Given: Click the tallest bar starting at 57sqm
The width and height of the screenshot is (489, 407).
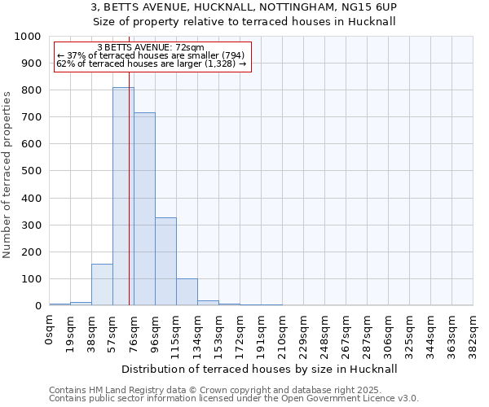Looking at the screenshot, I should (x=123, y=195).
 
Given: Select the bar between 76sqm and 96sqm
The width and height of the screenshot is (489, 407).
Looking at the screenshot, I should (x=144, y=208).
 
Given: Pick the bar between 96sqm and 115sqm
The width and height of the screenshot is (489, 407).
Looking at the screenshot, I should (x=165, y=261).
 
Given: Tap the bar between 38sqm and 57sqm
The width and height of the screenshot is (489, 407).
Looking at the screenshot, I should (x=102, y=284).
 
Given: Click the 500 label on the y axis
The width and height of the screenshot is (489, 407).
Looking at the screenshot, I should (x=31, y=171).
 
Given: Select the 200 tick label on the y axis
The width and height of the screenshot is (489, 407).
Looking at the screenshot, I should (x=31, y=252).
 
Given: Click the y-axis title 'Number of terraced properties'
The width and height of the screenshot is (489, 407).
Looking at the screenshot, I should (x=7, y=174).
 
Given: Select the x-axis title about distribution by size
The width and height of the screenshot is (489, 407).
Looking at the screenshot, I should (x=262, y=369).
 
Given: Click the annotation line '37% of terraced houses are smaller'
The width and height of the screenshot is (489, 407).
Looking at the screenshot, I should (x=150, y=55).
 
